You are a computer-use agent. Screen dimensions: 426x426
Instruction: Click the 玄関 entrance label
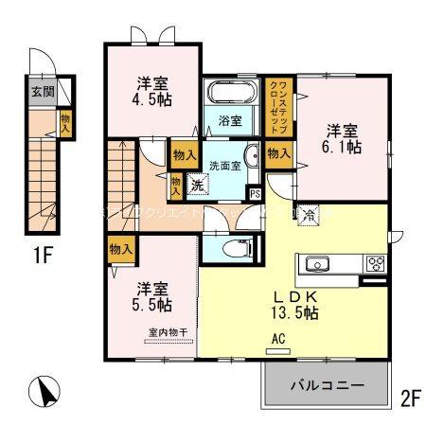[x=43, y=92]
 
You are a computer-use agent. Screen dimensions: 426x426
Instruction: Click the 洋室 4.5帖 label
[x=151, y=89]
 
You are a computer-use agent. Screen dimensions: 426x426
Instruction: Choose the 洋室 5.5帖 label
[x=151, y=296]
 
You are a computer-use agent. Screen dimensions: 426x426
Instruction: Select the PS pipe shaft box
[x=254, y=193]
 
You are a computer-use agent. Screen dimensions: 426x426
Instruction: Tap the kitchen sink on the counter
[x=316, y=263]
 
